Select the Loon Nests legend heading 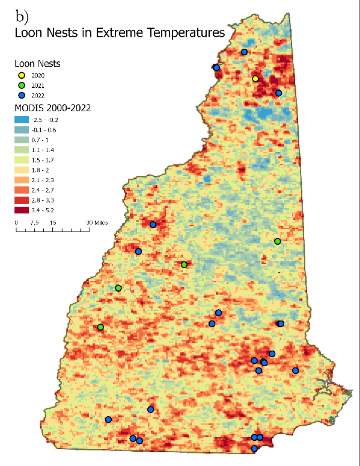tap(37, 63)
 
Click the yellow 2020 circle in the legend tap(21, 75)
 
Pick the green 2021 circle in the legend tap(21, 85)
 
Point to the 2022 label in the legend tap(38, 96)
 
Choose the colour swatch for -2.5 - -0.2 tap(22, 120)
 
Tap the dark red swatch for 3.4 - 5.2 tap(22, 210)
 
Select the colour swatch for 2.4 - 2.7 tap(22, 190)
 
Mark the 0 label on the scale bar tap(16, 222)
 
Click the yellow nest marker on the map tap(255, 79)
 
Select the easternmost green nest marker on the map tap(277, 241)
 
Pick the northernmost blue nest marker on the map tap(244, 52)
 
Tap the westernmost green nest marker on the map tap(100, 327)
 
